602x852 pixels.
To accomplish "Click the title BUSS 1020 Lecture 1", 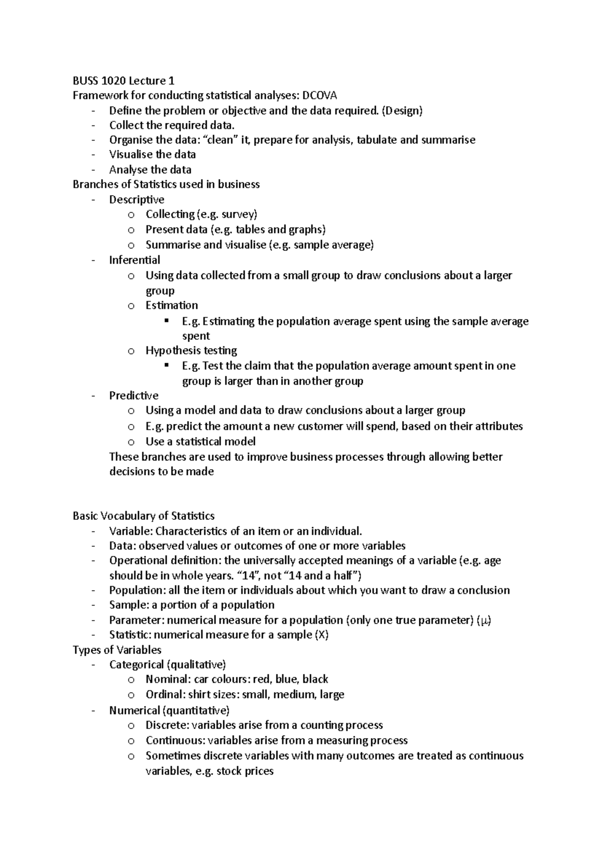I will coord(123,81).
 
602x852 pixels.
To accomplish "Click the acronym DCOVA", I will coord(320,95).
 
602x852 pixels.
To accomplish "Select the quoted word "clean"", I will coord(220,140).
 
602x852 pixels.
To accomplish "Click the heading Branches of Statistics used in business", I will coord(166,184).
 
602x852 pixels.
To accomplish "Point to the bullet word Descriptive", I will coord(136,200).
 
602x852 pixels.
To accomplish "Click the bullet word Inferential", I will coord(134,260).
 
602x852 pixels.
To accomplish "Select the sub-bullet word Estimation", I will coord(172,306).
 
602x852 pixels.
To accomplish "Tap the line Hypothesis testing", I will coord(191,350).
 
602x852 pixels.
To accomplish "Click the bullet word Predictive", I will coord(133,395).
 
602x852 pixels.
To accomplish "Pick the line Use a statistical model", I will coord(200,442).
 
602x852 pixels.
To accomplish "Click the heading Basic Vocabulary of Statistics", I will coord(143,516).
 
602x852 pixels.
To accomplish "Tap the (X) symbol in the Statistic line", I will coord(321,635).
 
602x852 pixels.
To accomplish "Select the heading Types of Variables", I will coord(117,650).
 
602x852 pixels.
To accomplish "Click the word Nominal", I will coord(166,679).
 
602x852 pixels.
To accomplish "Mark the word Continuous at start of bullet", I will coord(174,741).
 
